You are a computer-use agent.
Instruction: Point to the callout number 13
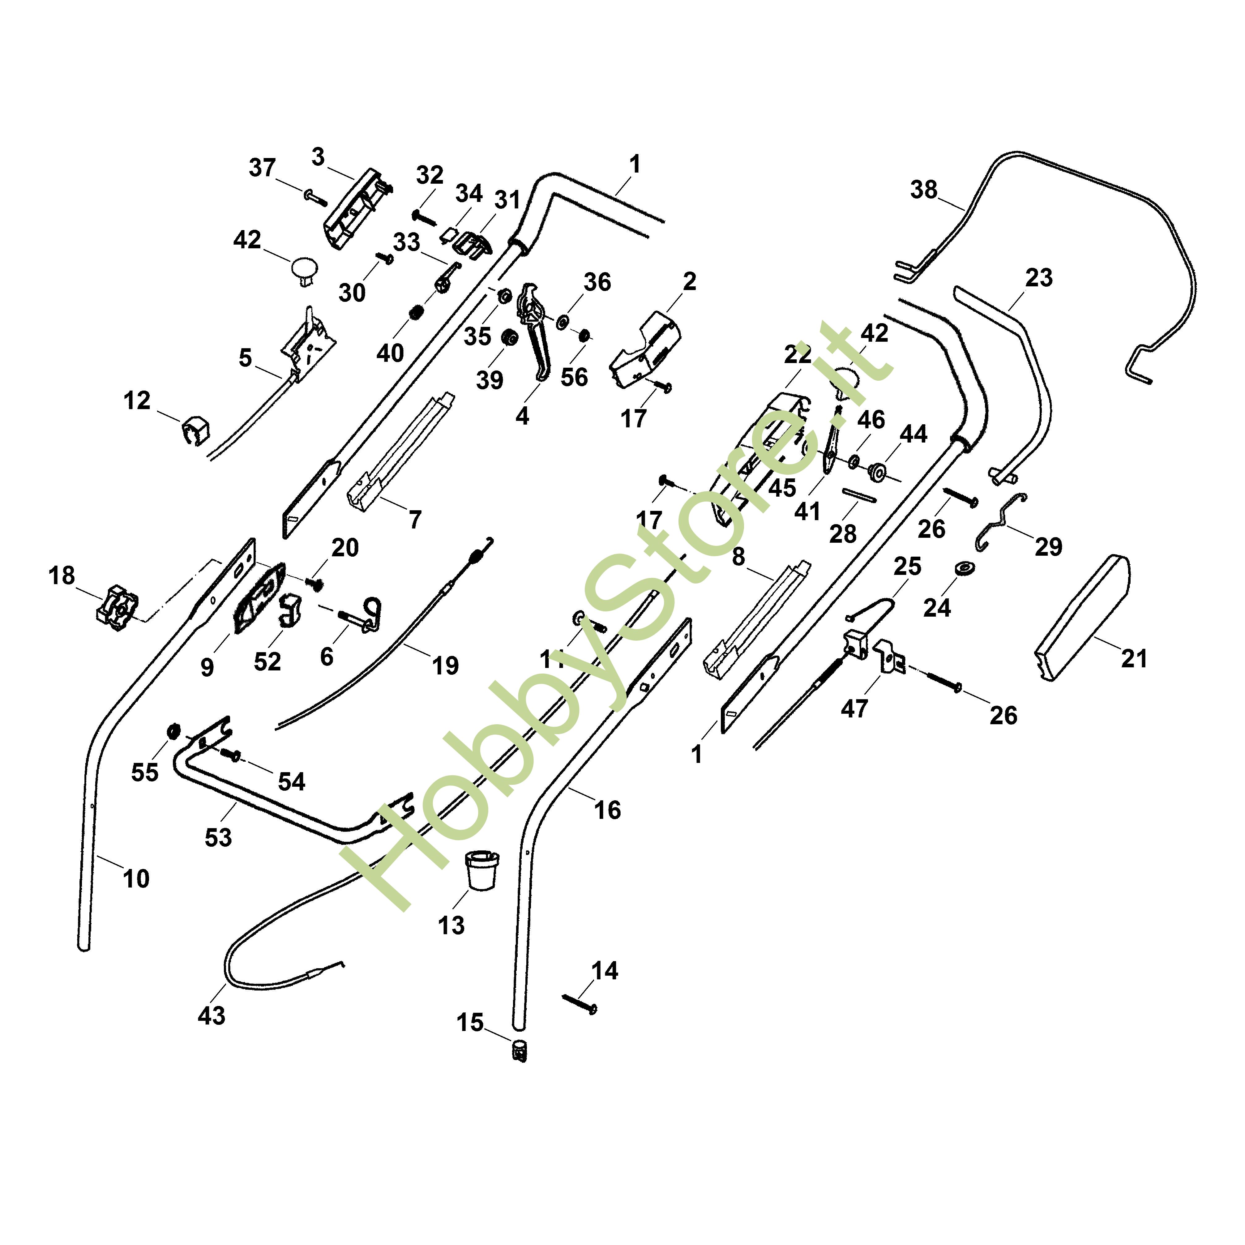click(x=451, y=925)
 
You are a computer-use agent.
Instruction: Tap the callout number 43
click(x=212, y=1016)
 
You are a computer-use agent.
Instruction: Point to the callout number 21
click(x=1134, y=659)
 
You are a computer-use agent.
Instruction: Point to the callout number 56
click(x=574, y=377)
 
